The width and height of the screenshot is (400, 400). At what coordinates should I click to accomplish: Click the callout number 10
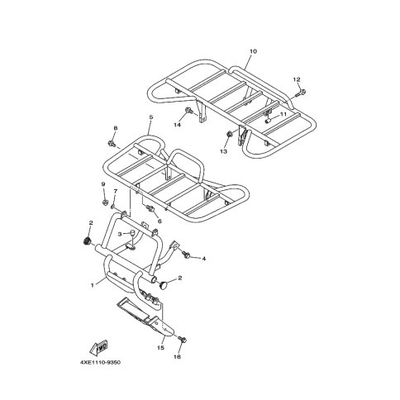[253, 51]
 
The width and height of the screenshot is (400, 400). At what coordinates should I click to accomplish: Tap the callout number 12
[297, 79]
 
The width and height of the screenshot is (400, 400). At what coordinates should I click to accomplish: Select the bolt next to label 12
[301, 93]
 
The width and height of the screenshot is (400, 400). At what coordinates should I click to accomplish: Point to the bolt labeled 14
[189, 111]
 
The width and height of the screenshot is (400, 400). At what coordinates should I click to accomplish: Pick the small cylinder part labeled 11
[267, 121]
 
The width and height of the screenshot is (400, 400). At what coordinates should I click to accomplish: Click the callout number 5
[150, 117]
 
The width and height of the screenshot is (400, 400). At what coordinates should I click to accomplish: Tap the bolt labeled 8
[112, 143]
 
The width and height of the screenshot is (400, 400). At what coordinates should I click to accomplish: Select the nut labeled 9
[104, 202]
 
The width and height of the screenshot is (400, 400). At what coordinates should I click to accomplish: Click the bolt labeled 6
[150, 207]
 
